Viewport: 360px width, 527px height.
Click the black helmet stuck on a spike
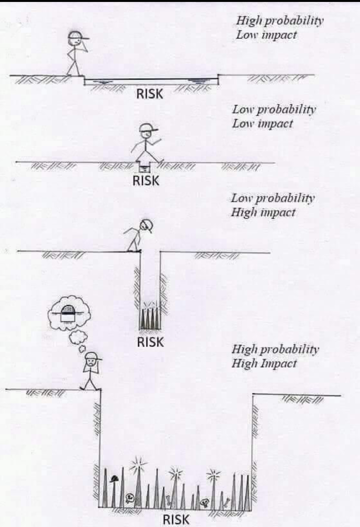pyautogui.click(x=115, y=479)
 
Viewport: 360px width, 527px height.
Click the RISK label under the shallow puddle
pyautogui.click(x=150, y=94)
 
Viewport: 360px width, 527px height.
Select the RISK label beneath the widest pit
pyautogui.click(x=176, y=519)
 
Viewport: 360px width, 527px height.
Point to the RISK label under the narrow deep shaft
pyautogui.click(x=150, y=342)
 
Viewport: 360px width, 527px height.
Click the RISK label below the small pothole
pyautogui.click(x=146, y=180)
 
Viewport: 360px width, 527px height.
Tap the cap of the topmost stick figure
pyautogui.click(x=78, y=35)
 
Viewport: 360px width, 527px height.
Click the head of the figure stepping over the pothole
pyautogui.click(x=147, y=133)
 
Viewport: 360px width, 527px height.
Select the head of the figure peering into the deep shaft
pyautogui.click(x=147, y=225)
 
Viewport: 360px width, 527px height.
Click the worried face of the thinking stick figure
pyautogui.click(x=91, y=362)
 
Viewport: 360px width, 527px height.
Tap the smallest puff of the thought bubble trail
pyautogui.click(x=82, y=349)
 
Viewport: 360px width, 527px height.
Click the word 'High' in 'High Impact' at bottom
pyautogui.click(x=242, y=363)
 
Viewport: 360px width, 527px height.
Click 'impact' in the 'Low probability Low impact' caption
pyautogui.click(x=275, y=124)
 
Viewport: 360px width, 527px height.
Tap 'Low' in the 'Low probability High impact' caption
pyautogui.click(x=242, y=198)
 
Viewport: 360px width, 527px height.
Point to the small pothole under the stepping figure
pyautogui.click(x=144, y=166)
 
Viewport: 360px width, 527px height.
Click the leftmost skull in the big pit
pyautogui.click(x=129, y=497)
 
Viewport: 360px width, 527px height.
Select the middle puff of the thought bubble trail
pyautogui.click(x=78, y=337)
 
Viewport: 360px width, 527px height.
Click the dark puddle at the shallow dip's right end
pyautogui.click(x=199, y=81)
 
